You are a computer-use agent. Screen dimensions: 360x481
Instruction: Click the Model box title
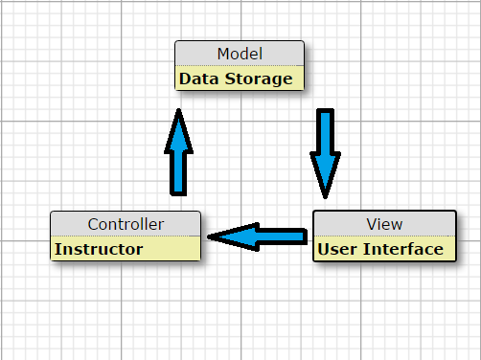coord(240,54)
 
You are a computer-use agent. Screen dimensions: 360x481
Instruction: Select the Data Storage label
coord(236,79)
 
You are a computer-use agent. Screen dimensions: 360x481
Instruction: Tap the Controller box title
coord(126,224)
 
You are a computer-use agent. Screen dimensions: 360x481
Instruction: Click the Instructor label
coord(99,249)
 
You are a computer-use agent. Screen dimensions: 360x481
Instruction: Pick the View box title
coord(384,224)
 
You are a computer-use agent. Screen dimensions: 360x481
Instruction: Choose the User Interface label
coord(380,249)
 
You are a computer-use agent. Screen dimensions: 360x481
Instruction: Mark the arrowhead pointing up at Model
coord(179,129)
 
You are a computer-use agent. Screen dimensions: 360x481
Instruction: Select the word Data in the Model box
coord(198,79)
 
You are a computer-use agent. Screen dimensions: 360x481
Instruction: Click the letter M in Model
coord(222,54)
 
